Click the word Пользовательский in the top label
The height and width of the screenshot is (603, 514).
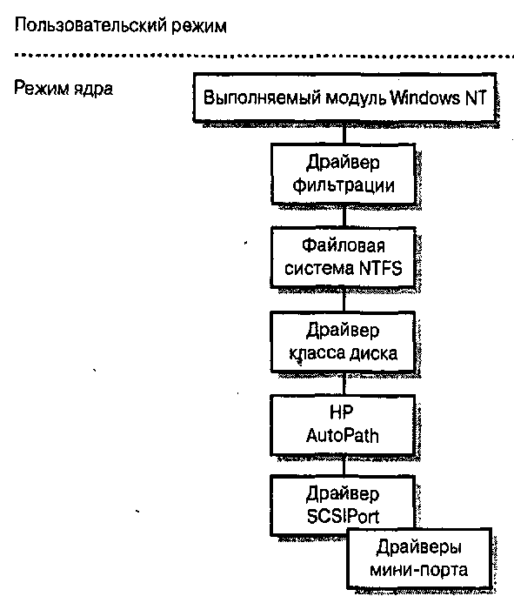pyautogui.click(x=90, y=26)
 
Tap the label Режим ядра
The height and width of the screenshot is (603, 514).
pyautogui.click(x=63, y=88)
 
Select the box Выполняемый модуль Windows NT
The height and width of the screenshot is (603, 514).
pyautogui.click(x=344, y=97)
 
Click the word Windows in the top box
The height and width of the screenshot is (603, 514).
pyautogui.click(x=424, y=97)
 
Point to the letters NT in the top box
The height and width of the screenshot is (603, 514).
pyautogui.click(x=476, y=97)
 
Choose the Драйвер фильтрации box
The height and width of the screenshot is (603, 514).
pyautogui.click(x=344, y=174)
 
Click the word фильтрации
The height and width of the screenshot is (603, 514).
pyautogui.click(x=344, y=185)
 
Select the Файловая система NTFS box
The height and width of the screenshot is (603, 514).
pyautogui.click(x=344, y=257)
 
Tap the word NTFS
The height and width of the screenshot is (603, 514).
pyautogui.click(x=381, y=268)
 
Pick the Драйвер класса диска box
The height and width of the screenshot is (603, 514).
pyautogui.click(x=344, y=342)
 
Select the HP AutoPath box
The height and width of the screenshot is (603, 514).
pyautogui.click(x=344, y=425)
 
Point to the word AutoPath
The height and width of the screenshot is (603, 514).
pyautogui.click(x=343, y=436)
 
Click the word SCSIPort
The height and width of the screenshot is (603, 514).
pyautogui.click(x=343, y=517)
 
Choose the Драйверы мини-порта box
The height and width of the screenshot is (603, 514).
pyautogui.click(x=419, y=559)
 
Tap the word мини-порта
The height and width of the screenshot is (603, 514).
pyautogui.click(x=418, y=570)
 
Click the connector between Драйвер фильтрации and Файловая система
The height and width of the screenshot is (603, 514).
pyautogui.click(x=344, y=216)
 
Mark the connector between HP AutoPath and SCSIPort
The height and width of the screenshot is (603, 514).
pyautogui.click(x=344, y=466)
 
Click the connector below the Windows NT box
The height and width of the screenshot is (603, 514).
pyautogui.click(x=344, y=133)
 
